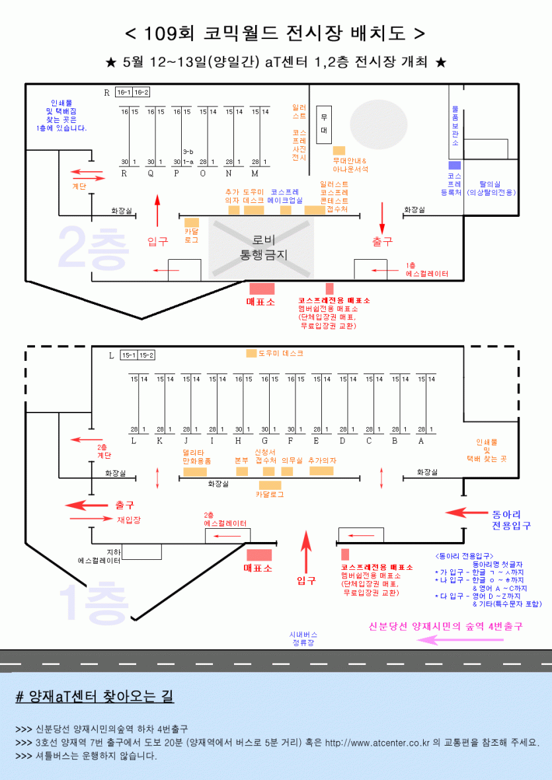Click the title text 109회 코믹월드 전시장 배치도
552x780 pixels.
coord(275,33)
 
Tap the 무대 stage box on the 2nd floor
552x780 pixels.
coord(324,125)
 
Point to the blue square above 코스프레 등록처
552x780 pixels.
coord(454,165)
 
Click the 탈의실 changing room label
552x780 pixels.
coord(491,188)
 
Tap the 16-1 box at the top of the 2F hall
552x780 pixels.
coord(124,92)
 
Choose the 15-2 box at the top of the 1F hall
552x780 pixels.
coord(146,356)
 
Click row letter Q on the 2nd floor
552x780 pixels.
coord(151,173)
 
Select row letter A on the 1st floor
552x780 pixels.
coord(420,440)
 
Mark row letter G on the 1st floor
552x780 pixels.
coord(264,440)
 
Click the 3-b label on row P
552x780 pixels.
coord(188,151)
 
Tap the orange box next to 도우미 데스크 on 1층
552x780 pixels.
coord(251,354)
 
